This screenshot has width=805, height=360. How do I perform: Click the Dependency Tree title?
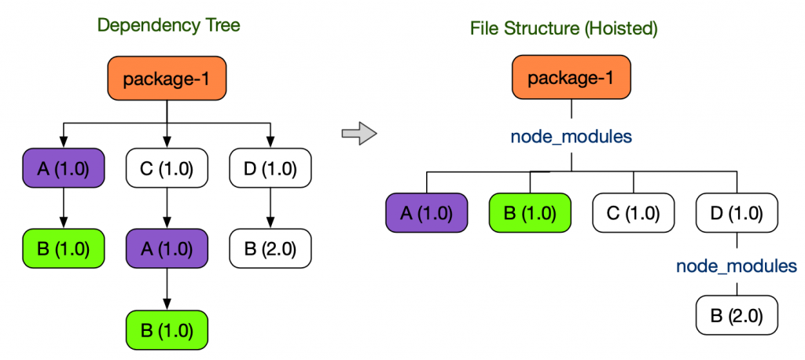tap(168, 25)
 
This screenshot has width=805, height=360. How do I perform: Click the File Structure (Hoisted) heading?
tap(563, 29)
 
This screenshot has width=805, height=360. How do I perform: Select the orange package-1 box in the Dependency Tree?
tap(167, 79)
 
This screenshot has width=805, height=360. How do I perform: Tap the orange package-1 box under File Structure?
tap(572, 79)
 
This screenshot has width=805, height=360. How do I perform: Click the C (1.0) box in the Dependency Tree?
tap(167, 168)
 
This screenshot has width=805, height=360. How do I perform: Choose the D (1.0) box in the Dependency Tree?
tap(270, 168)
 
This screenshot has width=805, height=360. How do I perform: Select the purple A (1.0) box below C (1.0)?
tap(167, 249)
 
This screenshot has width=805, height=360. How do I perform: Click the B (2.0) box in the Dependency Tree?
tap(270, 249)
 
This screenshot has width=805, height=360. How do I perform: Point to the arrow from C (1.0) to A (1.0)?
tap(167, 208)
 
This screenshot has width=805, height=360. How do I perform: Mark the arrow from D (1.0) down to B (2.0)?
tap(270, 208)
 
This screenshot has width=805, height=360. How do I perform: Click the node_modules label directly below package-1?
tap(572, 136)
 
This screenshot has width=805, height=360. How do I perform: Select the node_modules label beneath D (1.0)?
tap(737, 266)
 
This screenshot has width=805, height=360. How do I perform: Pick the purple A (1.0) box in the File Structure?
tap(427, 213)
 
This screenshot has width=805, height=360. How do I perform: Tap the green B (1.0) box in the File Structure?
tap(530, 213)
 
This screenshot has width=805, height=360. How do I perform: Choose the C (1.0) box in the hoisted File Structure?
tap(633, 213)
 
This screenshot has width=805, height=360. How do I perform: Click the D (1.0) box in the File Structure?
tap(737, 213)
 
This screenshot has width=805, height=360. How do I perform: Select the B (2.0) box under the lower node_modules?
tap(737, 317)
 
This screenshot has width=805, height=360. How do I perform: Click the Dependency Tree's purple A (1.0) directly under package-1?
tap(64, 168)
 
